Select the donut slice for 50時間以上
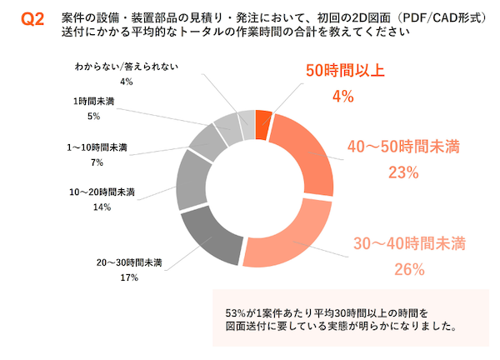coord(263,124)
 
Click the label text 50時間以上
coord(343,72)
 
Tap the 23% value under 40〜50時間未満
coord(402,172)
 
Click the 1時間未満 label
coord(93,101)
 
